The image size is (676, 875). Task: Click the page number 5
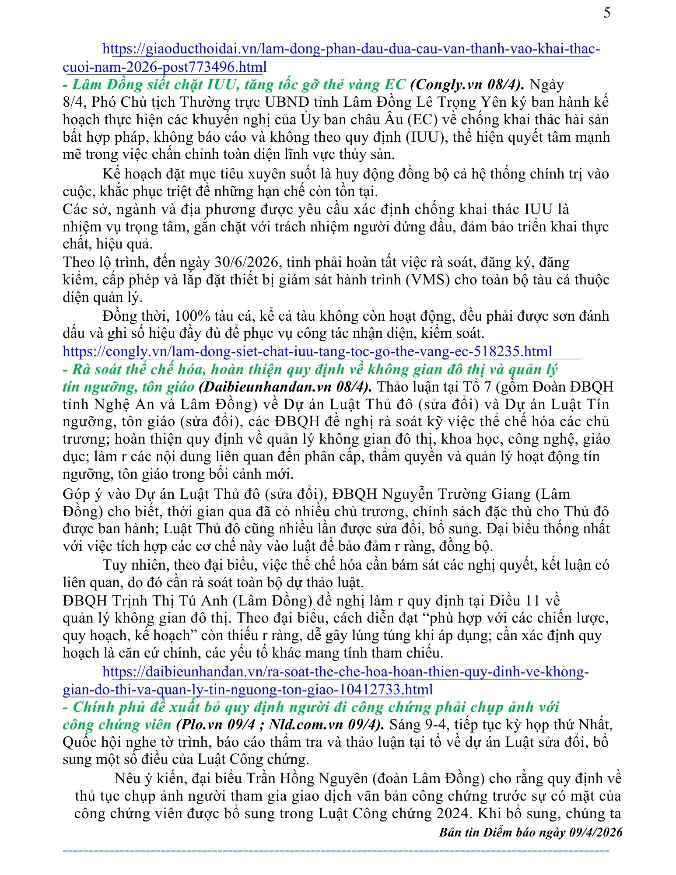pyautogui.click(x=607, y=13)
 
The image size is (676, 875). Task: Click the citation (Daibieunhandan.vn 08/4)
pyautogui.click(x=285, y=387)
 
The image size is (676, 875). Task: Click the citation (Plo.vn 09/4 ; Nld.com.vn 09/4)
pyautogui.click(x=280, y=724)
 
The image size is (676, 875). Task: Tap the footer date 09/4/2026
pyautogui.click(x=595, y=832)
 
